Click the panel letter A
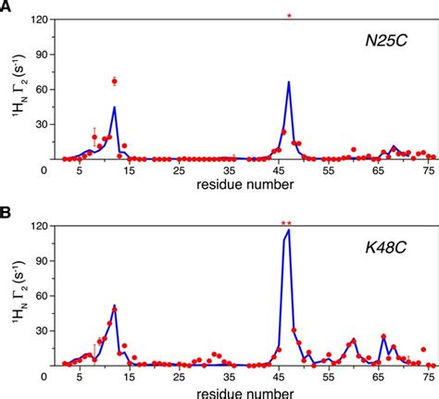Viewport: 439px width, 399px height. click(x=6, y=7)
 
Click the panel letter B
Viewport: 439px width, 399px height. click(x=6, y=212)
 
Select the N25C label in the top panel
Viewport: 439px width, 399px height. click(x=384, y=42)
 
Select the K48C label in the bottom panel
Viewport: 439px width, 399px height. click(x=384, y=248)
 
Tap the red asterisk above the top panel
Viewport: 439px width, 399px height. click(x=289, y=17)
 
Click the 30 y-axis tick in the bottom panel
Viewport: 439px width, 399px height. click(x=38, y=331)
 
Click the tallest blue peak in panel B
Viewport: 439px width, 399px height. click(x=289, y=231)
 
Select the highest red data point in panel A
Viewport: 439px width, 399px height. click(x=115, y=81)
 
